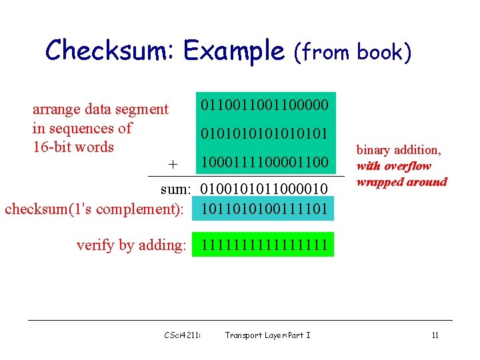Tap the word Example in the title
234,50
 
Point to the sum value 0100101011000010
265,191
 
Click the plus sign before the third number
173,164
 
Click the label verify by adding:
131,245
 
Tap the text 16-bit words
73,147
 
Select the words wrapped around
402,181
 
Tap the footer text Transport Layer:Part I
267,335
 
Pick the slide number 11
435,335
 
